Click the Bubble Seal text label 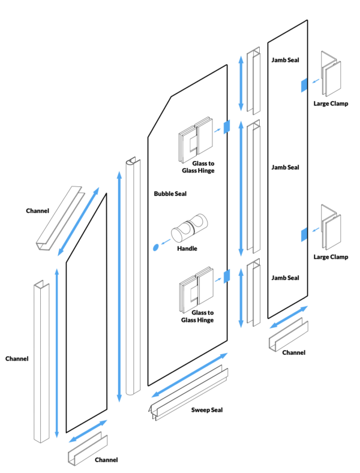(x=170, y=194)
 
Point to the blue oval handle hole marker (x=156, y=246)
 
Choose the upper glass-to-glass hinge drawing (x=196, y=138)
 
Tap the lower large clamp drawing (x=331, y=230)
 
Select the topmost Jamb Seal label (x=285, y=61)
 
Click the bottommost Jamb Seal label (x=285, y=278)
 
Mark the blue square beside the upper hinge (x=227, y=126)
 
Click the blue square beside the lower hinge (x=227, y=275)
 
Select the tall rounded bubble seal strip (x=133, y=276)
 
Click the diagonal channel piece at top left (x=59, y=219)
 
